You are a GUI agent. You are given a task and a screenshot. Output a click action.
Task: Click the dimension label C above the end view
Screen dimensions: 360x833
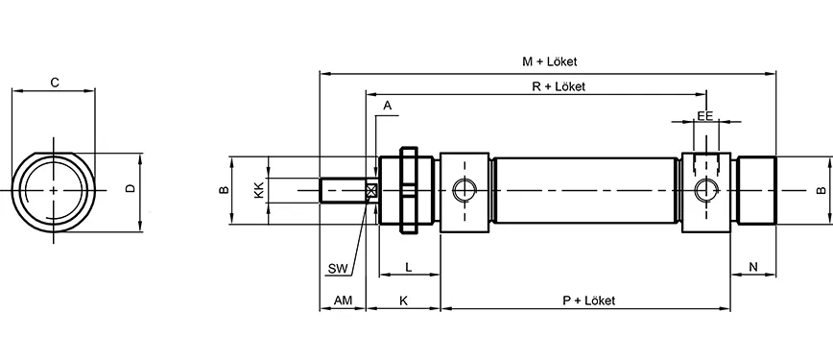click(x=55, y=84)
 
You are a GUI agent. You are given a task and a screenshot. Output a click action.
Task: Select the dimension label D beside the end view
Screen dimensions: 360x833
click(x=130, y=190)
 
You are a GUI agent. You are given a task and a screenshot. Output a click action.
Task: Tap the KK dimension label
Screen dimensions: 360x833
click(x=258, y=190)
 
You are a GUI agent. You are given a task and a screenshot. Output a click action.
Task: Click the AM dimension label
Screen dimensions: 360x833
click(x=343, y=300)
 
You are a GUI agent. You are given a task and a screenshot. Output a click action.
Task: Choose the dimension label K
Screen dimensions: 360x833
click(x=403, y=300)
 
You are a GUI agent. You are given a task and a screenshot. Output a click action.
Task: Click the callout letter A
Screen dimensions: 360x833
click(x=387, y=104)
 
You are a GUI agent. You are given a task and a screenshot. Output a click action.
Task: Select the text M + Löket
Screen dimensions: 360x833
click(x=549, y=61)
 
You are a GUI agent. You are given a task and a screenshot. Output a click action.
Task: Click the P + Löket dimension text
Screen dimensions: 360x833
click(x=588, y=300)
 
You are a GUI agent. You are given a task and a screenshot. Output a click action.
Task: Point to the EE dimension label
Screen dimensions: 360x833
click(x=705, y=115)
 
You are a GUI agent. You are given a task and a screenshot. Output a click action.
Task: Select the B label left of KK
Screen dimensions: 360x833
click(x=222, y=190)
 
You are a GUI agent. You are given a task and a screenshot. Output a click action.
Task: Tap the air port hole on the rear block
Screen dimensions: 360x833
click(x=707, y=189)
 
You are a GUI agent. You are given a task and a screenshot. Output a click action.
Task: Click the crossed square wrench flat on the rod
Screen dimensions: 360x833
click(x=371, y=190)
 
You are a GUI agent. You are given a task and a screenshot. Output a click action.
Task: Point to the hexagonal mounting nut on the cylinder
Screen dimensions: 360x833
click(x=407, y=190)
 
